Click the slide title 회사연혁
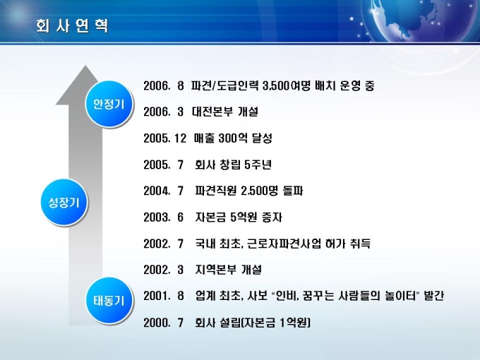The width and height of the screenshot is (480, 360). (72, 25)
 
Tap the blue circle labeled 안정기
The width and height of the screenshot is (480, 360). (109, 104)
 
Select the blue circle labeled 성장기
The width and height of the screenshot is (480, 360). (64, 203)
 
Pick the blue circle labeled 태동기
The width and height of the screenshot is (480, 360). (109, 301)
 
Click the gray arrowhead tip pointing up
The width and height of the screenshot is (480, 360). (85, 65)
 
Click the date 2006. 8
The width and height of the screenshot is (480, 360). (164, 85)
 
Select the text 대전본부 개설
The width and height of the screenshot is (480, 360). (225, 112)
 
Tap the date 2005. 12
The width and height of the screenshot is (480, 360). (164, 138)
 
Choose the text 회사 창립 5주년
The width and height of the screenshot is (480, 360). (233, 164)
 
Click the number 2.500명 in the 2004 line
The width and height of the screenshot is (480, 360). (259, 191)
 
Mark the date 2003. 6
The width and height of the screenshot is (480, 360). (164, 217)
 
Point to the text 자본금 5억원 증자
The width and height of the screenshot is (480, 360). (239, 217)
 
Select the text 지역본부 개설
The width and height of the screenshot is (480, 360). (229, 270)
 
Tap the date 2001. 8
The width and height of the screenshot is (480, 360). (164, 296)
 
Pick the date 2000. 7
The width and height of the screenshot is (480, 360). (164, 323)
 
